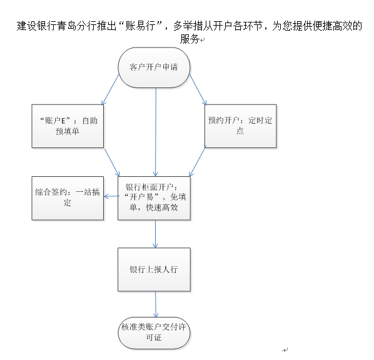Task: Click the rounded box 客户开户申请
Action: pyautogui.click(x=154, y=67)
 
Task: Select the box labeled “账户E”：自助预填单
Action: pyautogui.click(x=68, y=126)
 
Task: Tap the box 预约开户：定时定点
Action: pyautogui.click(x=241, y=126)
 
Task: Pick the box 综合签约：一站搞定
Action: pyautogui.click(x=68, y=198)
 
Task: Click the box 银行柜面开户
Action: pyautogui.click(x=154, y=198)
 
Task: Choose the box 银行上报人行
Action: pyautogui.click(x=154, y=269)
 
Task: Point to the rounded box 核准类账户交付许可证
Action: pyautogui.click(x=154, y=333)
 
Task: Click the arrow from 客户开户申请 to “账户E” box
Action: pyautogui.click(x=111, y=89)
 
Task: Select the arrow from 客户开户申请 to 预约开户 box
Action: pyautogui.click(x=198, y=89)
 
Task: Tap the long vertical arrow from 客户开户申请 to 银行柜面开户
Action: pyautogui.click(x=156, y=132)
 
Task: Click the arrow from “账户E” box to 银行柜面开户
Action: pyautogui.click(x=111, y=162)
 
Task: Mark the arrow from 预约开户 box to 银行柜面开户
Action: pyautogui.click(x=197, y=162)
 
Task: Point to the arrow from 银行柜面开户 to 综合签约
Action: pyautogui.click(x=111, y=196)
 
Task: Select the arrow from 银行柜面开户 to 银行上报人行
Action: pyautogui.click(x=156, y=234)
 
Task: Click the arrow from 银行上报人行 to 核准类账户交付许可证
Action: pyautogui.click(x=156, y=304)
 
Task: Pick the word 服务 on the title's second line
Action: pyautogui.click(x=190, y=39)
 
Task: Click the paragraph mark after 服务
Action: pyautogui.click(x=202, y=40)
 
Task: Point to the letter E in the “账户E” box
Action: pyautogui.click(x=63, y=121)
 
